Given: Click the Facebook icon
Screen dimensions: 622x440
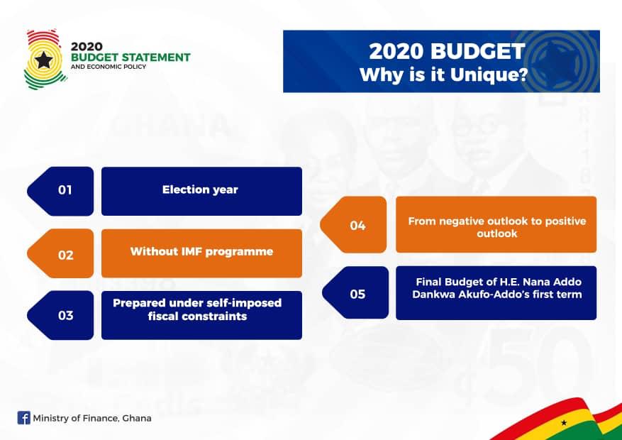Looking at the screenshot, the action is tap(24, 418).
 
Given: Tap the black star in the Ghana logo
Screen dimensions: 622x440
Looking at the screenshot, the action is tap(44, 60).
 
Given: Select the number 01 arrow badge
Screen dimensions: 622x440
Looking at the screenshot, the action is tap(60, 191).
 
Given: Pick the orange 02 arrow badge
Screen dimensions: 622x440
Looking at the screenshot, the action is tap(60, 253).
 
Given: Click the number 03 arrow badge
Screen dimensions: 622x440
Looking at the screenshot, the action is tap(60, 315).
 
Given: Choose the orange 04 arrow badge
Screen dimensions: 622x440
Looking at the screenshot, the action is tap(353, 224).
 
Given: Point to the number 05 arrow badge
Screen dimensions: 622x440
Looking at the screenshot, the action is tap(355, 293).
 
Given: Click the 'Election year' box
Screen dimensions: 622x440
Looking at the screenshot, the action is tap(201, 191).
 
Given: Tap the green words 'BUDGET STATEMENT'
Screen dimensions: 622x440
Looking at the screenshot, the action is tap(130, 57).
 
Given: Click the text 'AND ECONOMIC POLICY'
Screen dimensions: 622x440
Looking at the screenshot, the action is tap(109, 67).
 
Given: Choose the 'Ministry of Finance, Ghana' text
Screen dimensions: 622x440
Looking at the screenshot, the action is tap(92, 418).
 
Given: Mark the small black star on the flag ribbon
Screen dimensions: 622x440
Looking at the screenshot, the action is tap(564, 423).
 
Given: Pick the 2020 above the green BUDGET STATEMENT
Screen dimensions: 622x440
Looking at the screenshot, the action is tap(87, 46).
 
